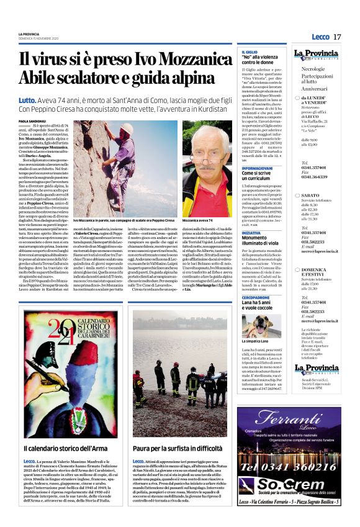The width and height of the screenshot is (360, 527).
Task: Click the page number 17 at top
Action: click(337, 37)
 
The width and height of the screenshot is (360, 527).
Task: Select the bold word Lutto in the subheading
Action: click(27, 100)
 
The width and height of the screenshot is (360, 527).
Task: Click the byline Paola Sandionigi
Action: click(33, 121)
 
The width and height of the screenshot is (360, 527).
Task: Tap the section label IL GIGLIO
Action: click(250, 52)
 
